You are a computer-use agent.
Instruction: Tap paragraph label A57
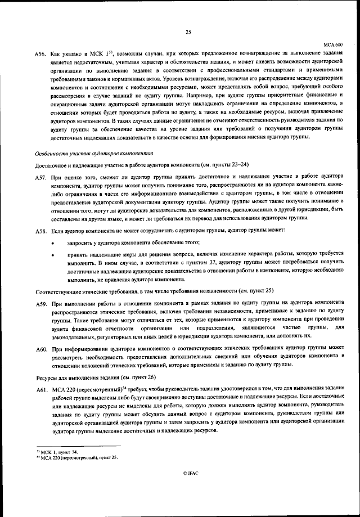pyautogui.click(x=40, y=177)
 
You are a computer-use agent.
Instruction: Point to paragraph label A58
pyautogui.click(x=40, y=231)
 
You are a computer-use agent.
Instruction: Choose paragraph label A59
pyautogui.click(x=40, y=304)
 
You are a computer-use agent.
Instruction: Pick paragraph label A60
pyautogui.click(x=40, y=350)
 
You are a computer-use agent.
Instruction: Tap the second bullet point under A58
pyautogui.click(x=52, y=255)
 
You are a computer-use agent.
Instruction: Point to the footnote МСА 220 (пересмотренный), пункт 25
pyautogui.click(x=73, y=458)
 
